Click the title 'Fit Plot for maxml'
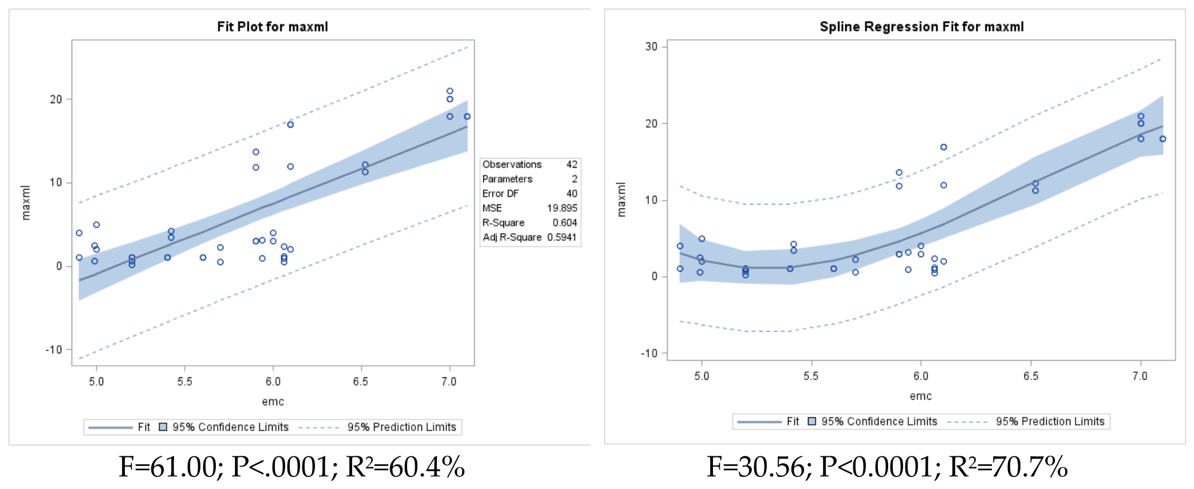point(273,27)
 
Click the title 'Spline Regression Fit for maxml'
point(921,27)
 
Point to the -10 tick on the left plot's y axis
point(54,349)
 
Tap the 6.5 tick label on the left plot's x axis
point(361,381)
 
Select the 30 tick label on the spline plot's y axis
point(651,46)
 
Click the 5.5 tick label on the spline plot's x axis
point(811,376)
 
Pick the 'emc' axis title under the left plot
point(273,401)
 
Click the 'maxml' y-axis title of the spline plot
point(621,200)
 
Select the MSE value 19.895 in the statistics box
point(562,208)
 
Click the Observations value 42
point(572,164)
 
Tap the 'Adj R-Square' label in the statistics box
point(512,237)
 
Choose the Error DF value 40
point(572,194)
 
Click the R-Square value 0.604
point(565,223)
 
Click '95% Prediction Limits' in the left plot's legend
point(401,427)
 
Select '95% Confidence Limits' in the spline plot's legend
point(879,421)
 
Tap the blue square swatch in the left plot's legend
point(163,427)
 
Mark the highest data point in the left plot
point(450,91)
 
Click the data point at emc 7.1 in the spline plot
point(1163,139)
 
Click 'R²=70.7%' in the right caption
point(1008,467)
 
